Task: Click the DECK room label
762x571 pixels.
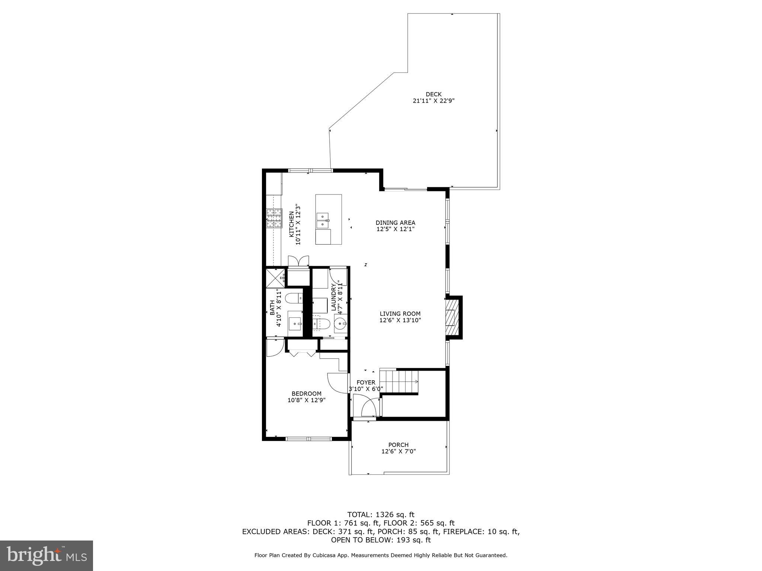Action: click(433, 94)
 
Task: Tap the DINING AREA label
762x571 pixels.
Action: click(395, 223)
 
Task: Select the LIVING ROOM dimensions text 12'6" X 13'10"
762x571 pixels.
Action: click(400, 320)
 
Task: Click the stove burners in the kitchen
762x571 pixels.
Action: click(274, 218)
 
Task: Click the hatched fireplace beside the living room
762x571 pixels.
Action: click(450, 317)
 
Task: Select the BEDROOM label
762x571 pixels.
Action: click(306, 394)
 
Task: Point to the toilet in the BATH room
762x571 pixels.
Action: click(293, 298)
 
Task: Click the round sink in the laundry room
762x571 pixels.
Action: click(340, 324)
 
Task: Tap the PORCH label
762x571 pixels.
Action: click(398, 445)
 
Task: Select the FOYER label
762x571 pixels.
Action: click(366, 383)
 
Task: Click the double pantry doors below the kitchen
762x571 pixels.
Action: click(298, 260)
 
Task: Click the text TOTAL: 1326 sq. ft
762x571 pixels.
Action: click(381, 515)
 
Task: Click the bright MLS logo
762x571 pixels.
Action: click(47, 556)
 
